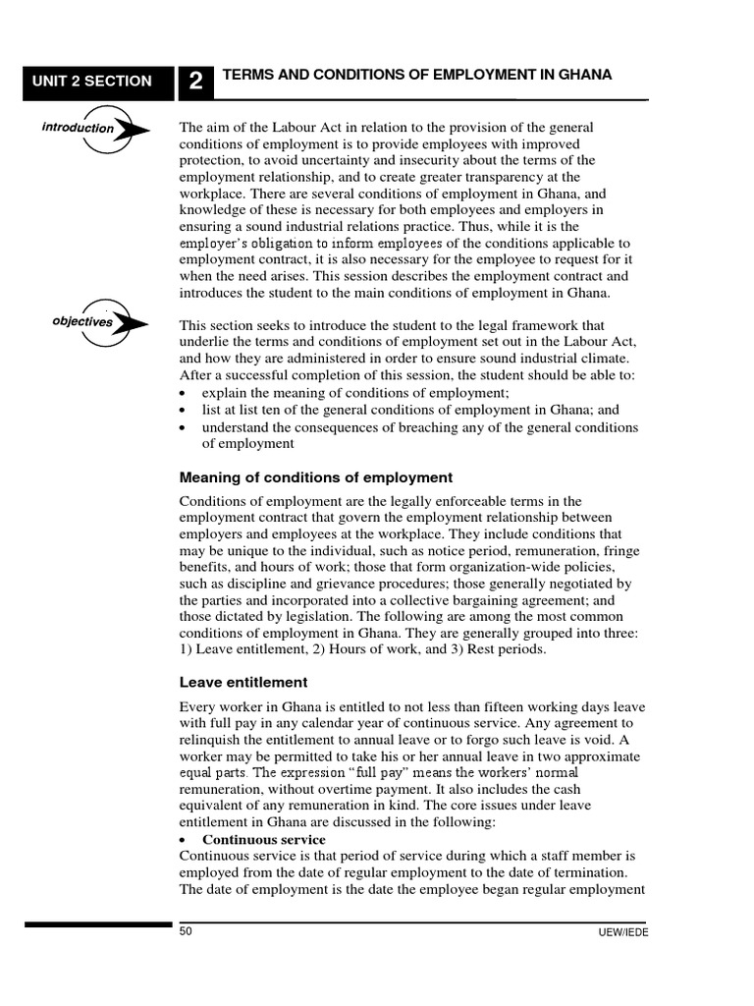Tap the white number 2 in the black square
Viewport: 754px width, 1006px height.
196,83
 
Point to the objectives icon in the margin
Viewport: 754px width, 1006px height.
99,322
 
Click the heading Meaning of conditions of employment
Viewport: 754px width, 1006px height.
315,477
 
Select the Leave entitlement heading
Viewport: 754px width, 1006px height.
242,682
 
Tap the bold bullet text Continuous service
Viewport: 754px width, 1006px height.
263,840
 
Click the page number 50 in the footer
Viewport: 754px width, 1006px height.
186,931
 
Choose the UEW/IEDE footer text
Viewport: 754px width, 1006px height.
625,933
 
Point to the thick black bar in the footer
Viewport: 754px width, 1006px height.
97,923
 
